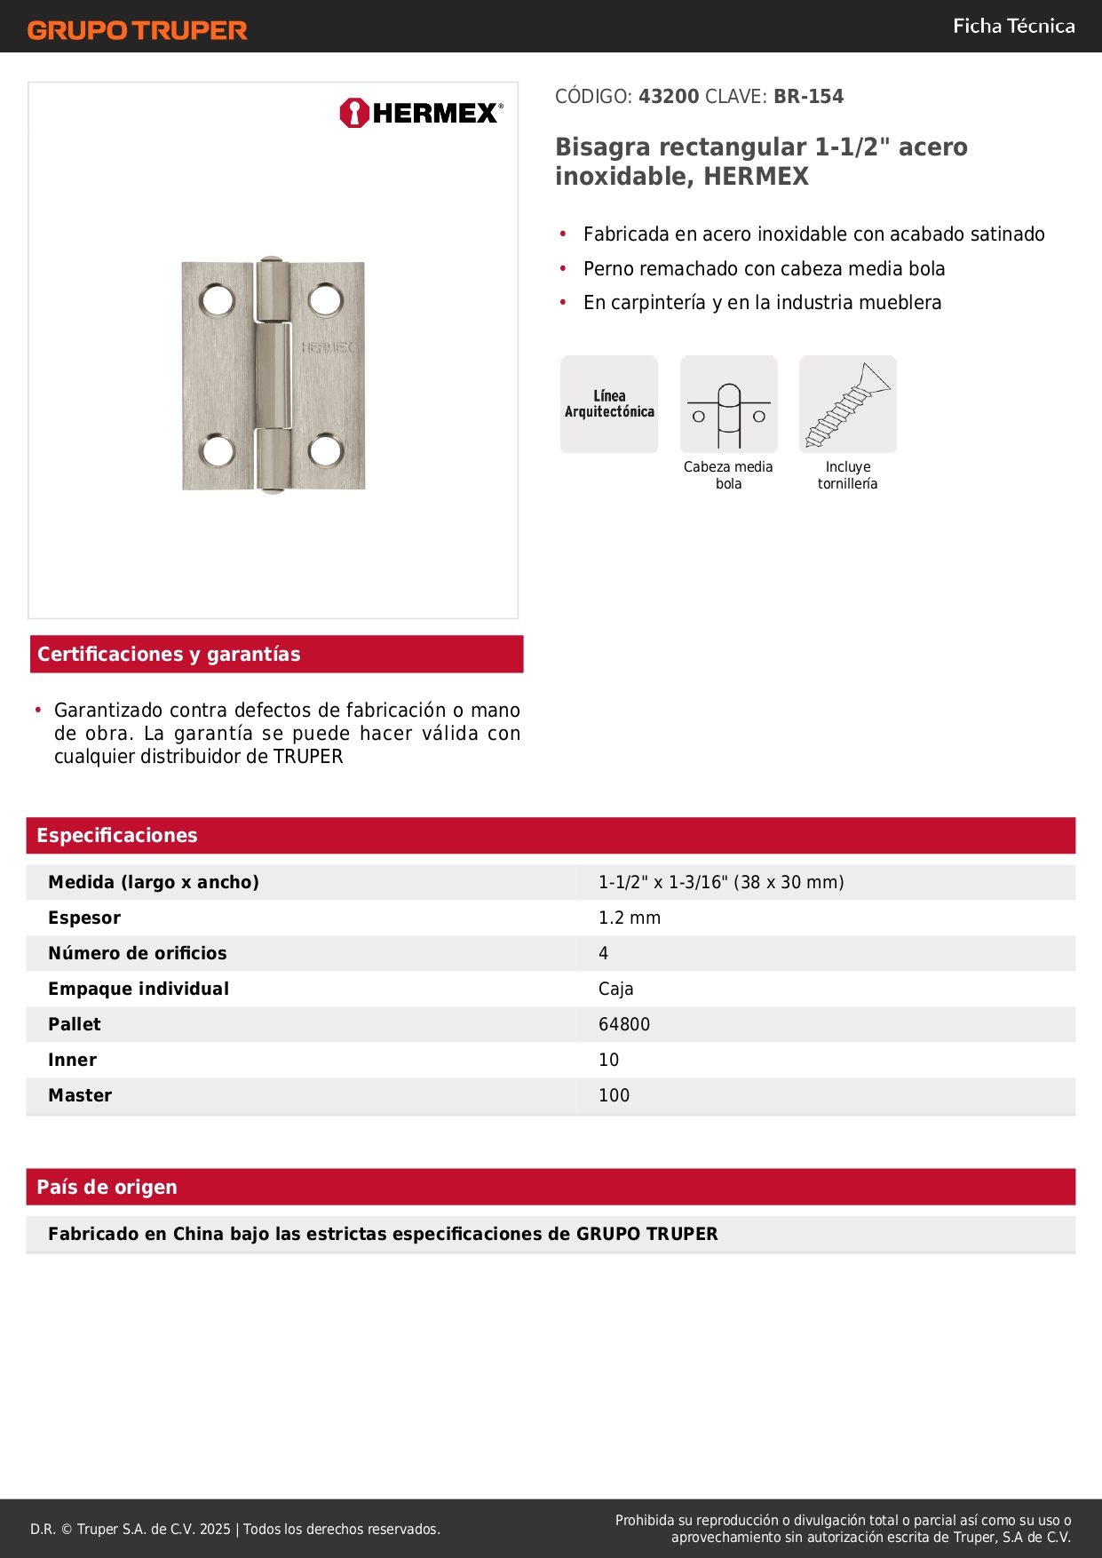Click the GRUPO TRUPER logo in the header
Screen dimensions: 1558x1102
point(137,30)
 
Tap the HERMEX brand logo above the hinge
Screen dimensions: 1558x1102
point(421,113)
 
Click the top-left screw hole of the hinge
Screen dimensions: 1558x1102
point(218,300)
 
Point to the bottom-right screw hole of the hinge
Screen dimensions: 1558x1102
point(326,451)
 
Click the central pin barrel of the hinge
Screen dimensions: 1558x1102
point(273,375)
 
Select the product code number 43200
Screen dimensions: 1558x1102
point(669,97)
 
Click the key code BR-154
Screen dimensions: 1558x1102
point(808,97)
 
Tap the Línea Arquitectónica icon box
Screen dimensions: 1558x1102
point(609,404)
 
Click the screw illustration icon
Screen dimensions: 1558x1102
point(848,404)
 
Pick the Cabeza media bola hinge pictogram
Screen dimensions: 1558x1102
point(729,404)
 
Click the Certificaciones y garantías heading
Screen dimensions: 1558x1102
point(169,655)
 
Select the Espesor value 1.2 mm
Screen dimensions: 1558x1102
point(630,918)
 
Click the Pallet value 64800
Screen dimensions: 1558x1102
point(624,1024)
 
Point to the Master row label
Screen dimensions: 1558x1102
point(80,1095)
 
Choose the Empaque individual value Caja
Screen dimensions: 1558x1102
point(615,989)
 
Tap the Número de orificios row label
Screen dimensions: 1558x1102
point(138,953)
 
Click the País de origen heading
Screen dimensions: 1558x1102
point(107,1188)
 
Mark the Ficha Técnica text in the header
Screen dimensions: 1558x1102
point(1013,27)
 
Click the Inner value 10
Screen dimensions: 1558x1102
point(608,1060)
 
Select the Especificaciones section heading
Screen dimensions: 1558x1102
point(117,836)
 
